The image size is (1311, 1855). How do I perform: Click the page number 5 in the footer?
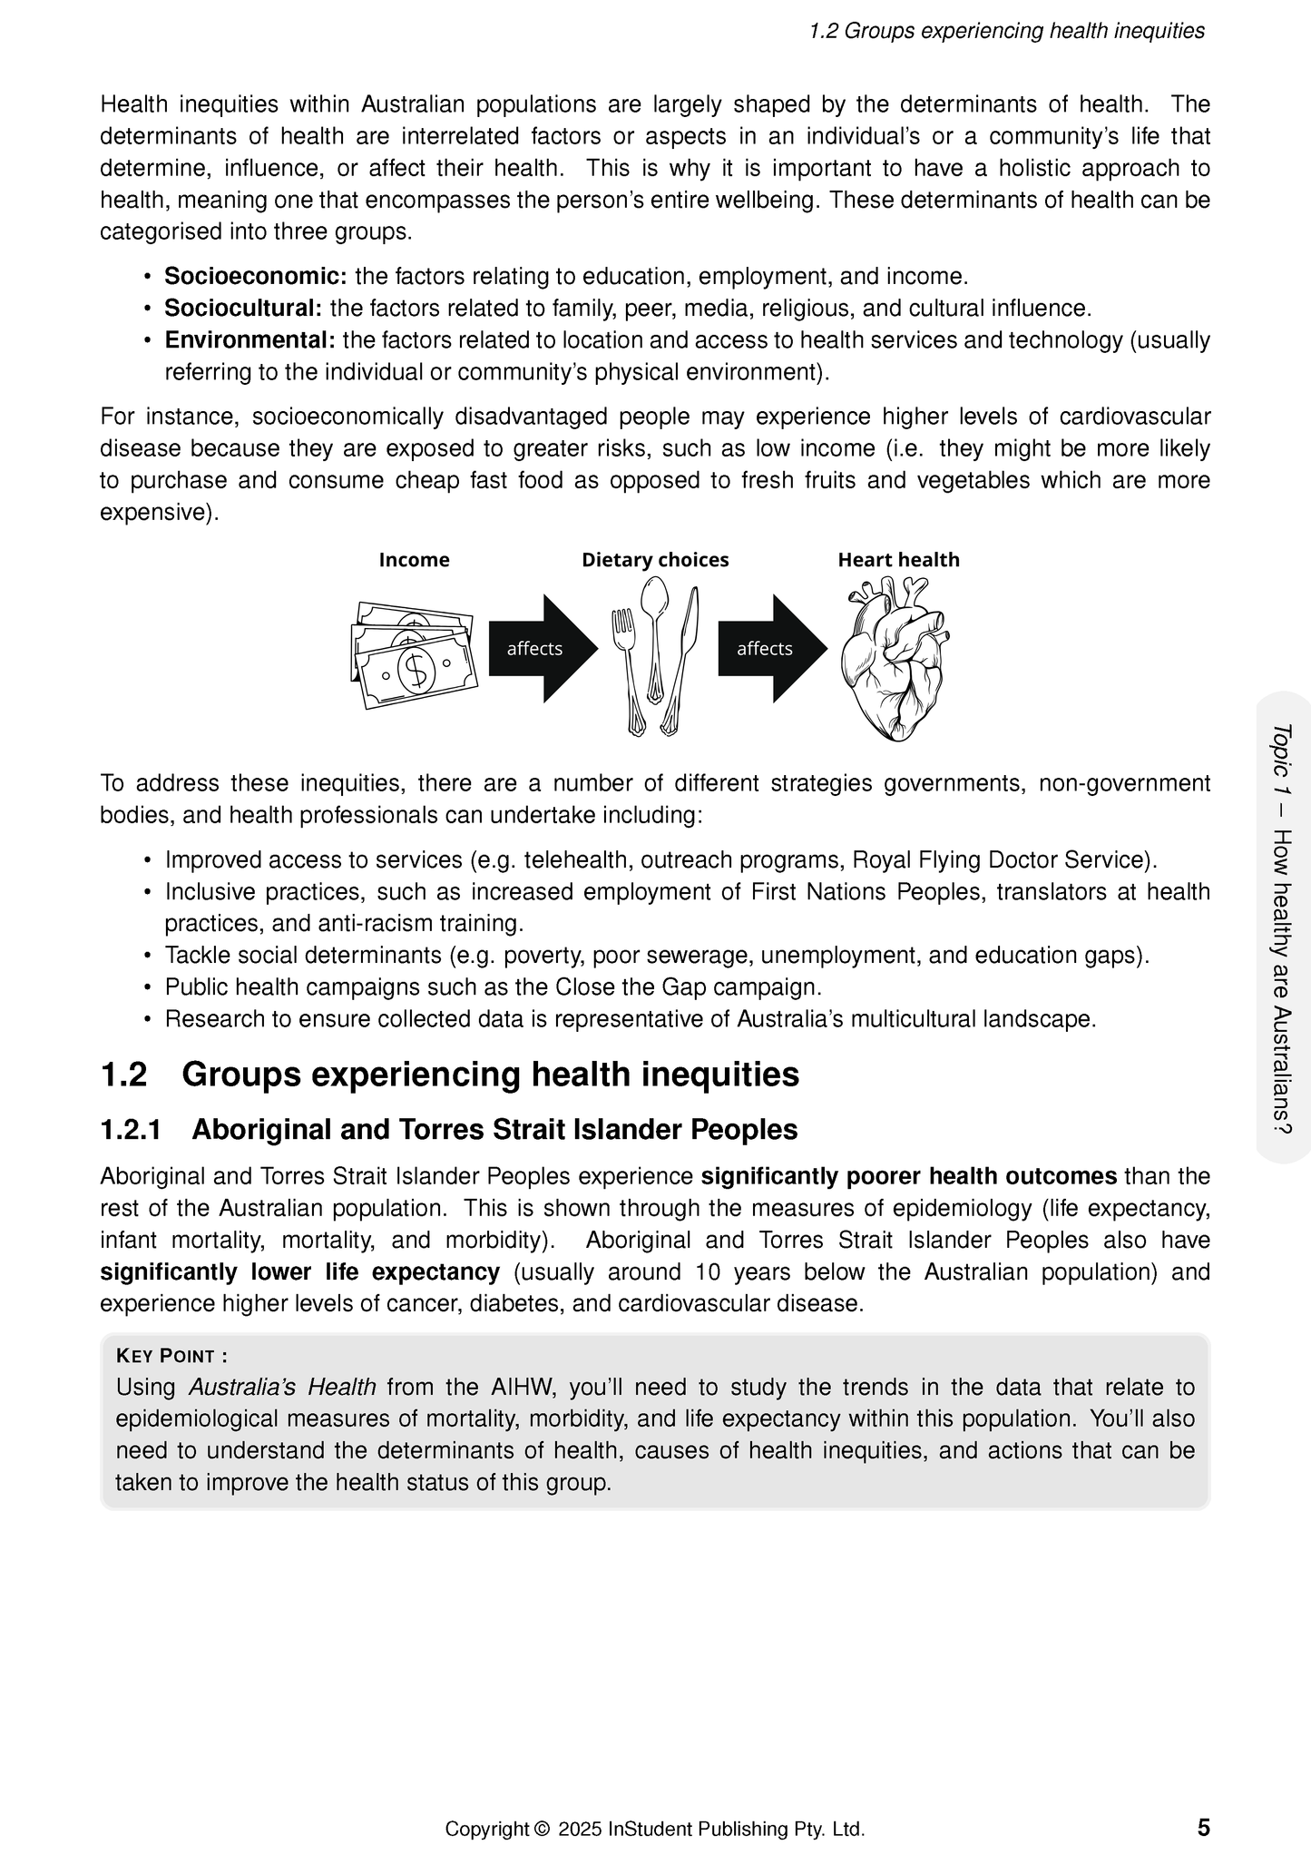(x=1203, y=1826)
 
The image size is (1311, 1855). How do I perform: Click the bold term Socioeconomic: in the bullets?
(x=255, y=276)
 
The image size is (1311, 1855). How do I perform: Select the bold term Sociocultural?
(x=243, y=308)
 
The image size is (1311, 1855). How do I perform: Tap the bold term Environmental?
(x=249, y=340)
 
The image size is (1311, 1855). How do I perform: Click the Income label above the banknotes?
(x=414, y=560)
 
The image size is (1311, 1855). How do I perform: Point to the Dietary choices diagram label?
(x=655, y=560)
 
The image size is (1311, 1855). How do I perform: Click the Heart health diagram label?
(x=898, y=560)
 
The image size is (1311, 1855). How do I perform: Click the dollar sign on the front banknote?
(x=416, y=670)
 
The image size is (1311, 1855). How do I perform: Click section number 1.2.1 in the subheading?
(x=131, y=1130)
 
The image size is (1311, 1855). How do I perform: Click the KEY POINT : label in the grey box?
(x=171, y=1356)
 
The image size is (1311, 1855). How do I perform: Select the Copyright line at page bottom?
(x=654, y=1829)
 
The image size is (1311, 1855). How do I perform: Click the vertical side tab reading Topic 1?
(x=1282, y=926)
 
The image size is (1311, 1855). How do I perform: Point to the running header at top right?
(x=1006, y=31)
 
